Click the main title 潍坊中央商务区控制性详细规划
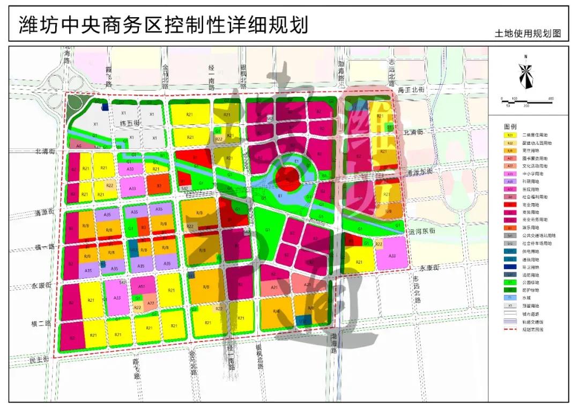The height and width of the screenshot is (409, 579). [164, 25]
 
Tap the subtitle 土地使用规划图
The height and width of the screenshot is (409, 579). [528, 33]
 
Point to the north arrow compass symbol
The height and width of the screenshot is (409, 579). [526, 75]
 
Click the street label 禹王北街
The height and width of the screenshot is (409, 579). [411, 90]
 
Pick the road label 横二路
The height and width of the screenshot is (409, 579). [41, 324]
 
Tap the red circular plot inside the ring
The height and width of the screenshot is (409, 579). [288, 175]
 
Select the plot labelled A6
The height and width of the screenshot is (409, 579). [79, 146]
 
